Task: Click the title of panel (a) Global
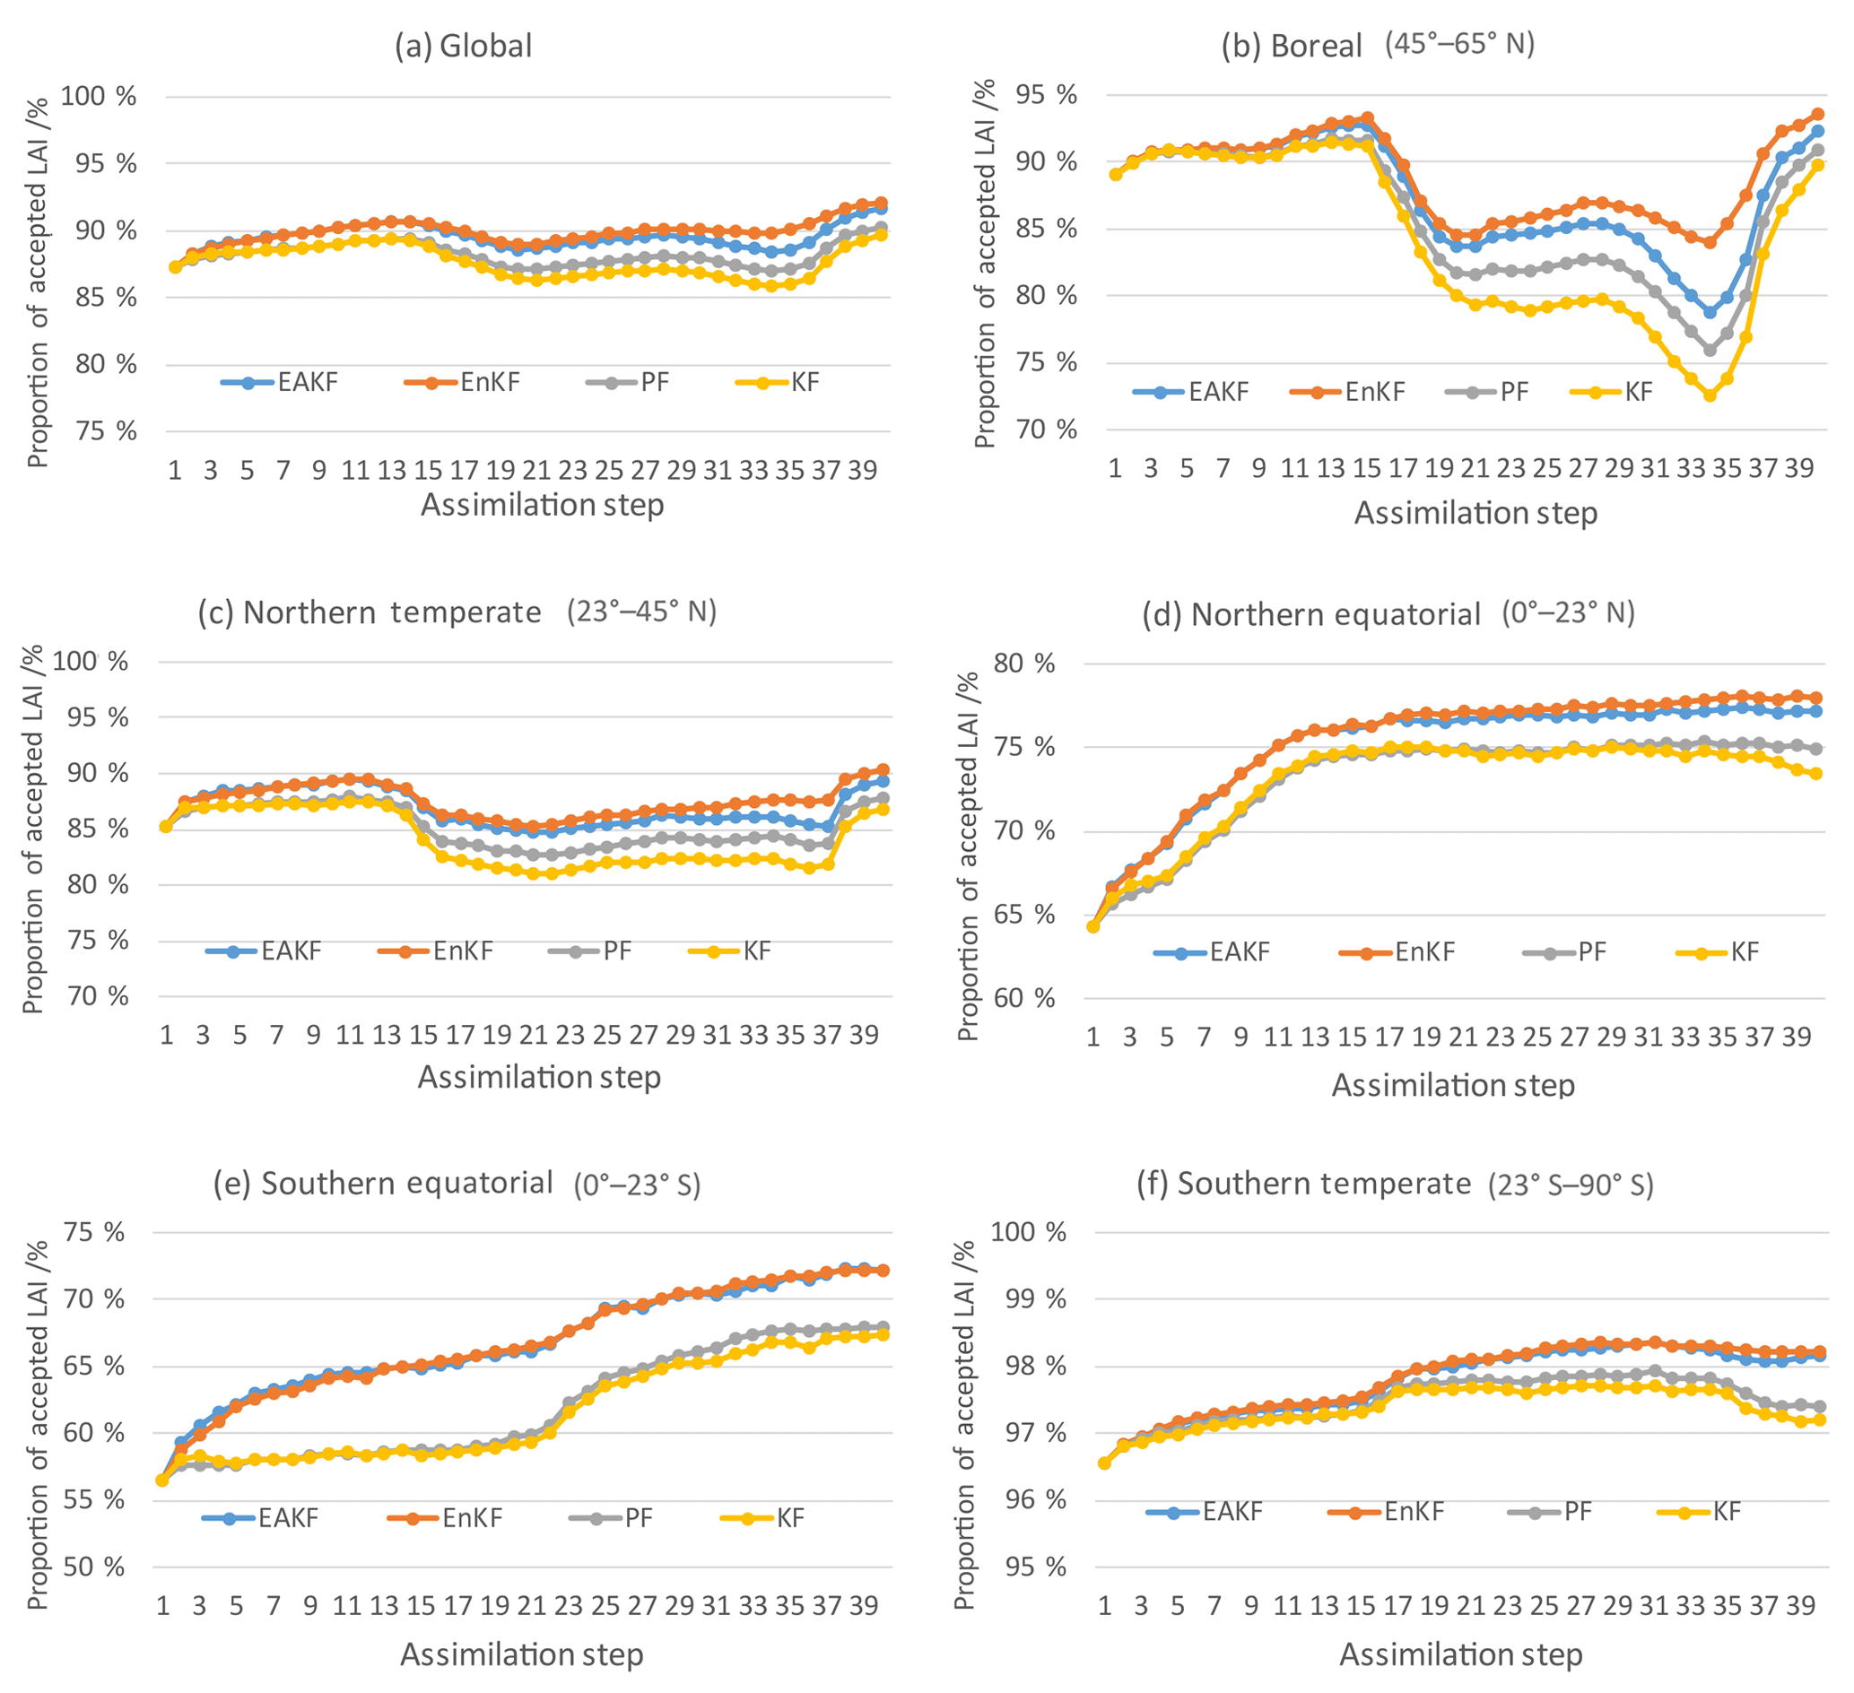464,46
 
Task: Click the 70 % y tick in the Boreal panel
1046,430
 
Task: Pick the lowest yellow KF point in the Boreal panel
1710,395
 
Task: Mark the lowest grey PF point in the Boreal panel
1710,351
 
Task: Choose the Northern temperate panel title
457,612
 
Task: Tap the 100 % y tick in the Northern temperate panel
90,662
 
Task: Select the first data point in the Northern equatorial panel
1093,926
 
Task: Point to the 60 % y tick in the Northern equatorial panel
1024,999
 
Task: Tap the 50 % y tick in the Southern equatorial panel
94,1568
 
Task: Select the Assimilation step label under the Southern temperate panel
1460,1654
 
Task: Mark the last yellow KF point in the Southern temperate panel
1818,1420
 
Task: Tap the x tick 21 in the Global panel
536,471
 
